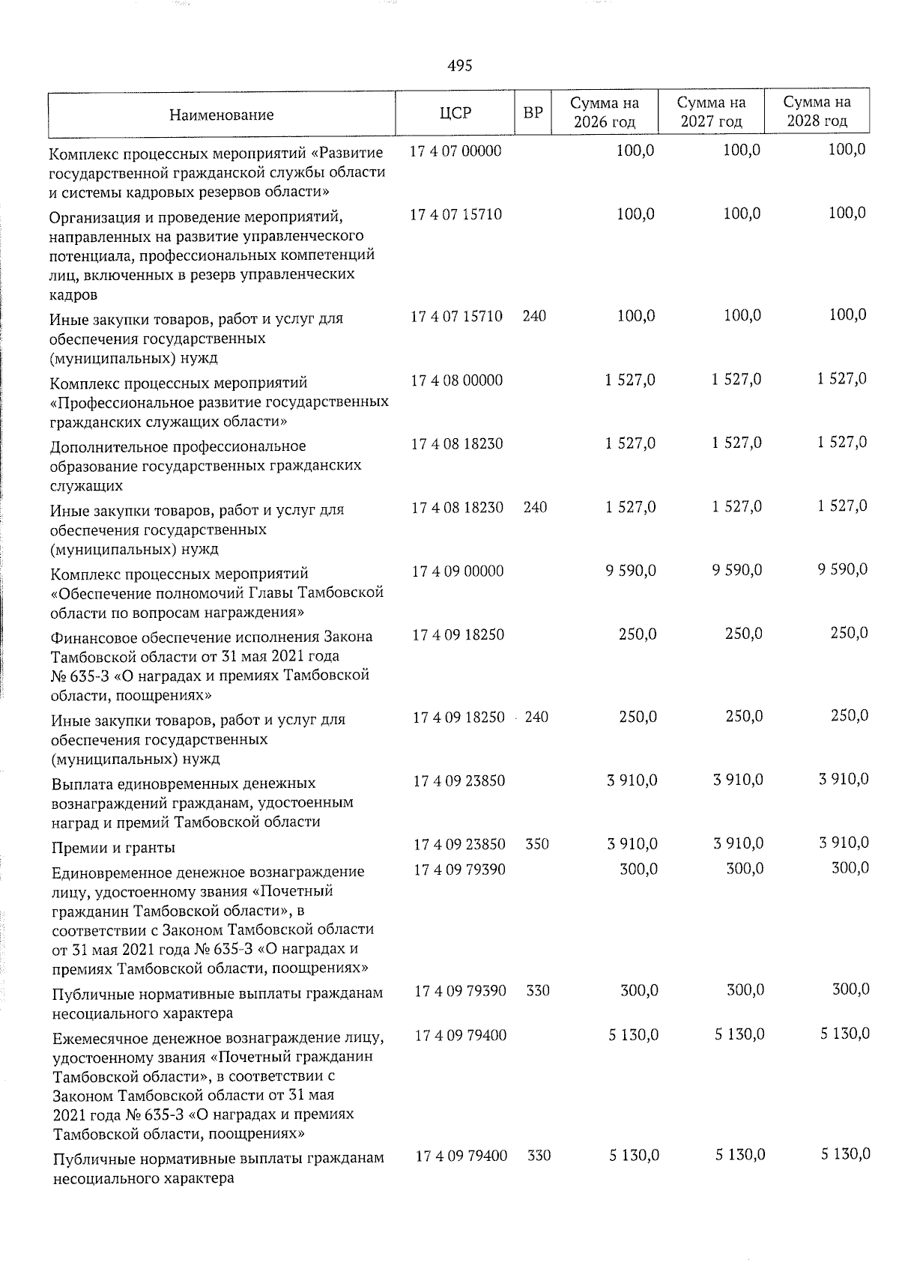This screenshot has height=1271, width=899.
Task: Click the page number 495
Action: click(x=459, y=66)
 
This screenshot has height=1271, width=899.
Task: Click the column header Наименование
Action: click(x=221, y=115)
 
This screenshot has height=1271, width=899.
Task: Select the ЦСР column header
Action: click(x=455, y=113)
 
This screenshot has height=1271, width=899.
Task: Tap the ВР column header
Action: click(x=533, y=113)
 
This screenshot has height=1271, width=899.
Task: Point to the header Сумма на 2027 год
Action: click(x=711, y=112)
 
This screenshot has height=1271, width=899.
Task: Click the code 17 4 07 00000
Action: click(x=455, y=151)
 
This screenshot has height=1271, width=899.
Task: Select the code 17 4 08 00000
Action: click(x=456, y=380)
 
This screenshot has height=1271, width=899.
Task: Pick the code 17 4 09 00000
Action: click(x=457, y=571)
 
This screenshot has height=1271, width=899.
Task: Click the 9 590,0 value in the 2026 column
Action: click(x=631, y=571)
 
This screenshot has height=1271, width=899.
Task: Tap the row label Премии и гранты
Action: click(x=113, y=848)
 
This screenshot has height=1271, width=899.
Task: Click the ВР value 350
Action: click(x=537, y=844)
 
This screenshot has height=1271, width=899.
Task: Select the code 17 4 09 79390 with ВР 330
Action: click(x=460, y=991)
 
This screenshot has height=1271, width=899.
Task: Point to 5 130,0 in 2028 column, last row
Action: click(x=845, y=1155)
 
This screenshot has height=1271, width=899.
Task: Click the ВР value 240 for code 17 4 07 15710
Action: click(x=534, y=316)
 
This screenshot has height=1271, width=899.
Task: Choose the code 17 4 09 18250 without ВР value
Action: click(x=457, y=634)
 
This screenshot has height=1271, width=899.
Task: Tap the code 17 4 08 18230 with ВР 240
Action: click(x=457, y=507)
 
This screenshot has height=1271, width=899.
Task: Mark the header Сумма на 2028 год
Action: click(x=817, y=112)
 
